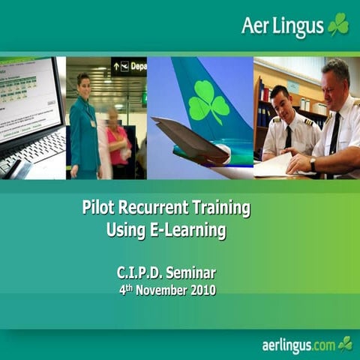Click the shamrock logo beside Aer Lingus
coord(338,24)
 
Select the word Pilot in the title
coord(99,208)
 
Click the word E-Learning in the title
coord(183,230)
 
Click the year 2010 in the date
coord(200,289)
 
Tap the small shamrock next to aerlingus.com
coord(346,343)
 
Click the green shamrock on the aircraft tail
coord(208,102)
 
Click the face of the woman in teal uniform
coord(83,82)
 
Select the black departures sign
coord(128,67)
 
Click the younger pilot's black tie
coord(288,137)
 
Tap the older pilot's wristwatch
coord(313,163)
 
